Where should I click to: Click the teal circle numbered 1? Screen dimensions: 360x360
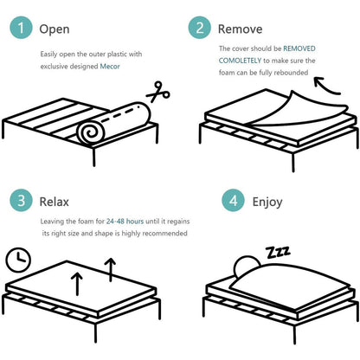point(21,28)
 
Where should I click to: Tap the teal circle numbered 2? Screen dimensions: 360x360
point(200,28)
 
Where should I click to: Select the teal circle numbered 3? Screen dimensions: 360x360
point(21,201)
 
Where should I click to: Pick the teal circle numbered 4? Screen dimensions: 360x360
point(233,201)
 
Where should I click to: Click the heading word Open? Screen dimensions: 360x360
point(55,29)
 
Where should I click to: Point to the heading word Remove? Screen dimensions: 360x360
point(240,29)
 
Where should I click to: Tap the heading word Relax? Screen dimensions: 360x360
point(54,202)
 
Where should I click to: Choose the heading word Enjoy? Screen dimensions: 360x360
point(267,202)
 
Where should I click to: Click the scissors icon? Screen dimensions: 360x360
point(158,92)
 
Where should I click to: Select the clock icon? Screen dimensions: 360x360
point(18,260)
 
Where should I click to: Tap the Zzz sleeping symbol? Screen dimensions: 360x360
point(278,253)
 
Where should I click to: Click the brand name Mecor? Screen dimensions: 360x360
point(110,67)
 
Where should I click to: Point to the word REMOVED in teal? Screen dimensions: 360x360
point(299,48)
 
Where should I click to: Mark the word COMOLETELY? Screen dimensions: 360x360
point(240,61)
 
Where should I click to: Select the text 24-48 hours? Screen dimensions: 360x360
point(125,222)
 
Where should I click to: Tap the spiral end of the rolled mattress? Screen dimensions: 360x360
point(90,132)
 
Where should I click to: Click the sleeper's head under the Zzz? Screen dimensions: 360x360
point(246,266)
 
